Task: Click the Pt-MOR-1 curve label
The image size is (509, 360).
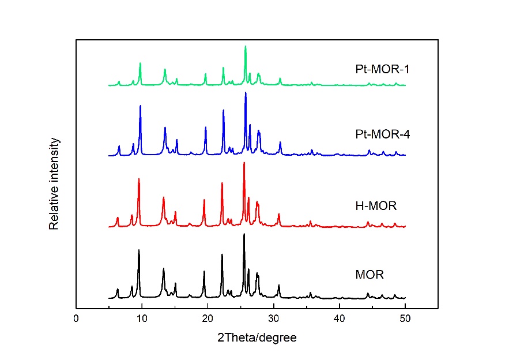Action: tap(382, 70)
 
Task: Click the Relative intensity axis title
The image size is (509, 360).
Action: tap(54, 183)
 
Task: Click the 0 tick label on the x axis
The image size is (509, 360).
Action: tap(76, 319)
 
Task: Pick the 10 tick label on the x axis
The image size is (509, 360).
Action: tap(142, 319)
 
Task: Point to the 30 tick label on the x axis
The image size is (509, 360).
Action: tap(274, 319)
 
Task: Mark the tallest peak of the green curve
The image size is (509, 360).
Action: tap(246, 46)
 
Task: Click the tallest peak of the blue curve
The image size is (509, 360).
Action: tap(246, 93)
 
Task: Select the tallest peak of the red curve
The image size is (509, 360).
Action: tap(244, 163)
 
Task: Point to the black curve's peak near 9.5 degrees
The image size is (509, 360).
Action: tap(139, 250)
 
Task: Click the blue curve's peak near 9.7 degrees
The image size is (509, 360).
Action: tap(140, 106)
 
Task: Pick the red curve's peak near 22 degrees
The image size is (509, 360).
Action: tap(222, 183)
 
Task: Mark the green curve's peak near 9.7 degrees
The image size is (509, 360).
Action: tap(140, 63)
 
